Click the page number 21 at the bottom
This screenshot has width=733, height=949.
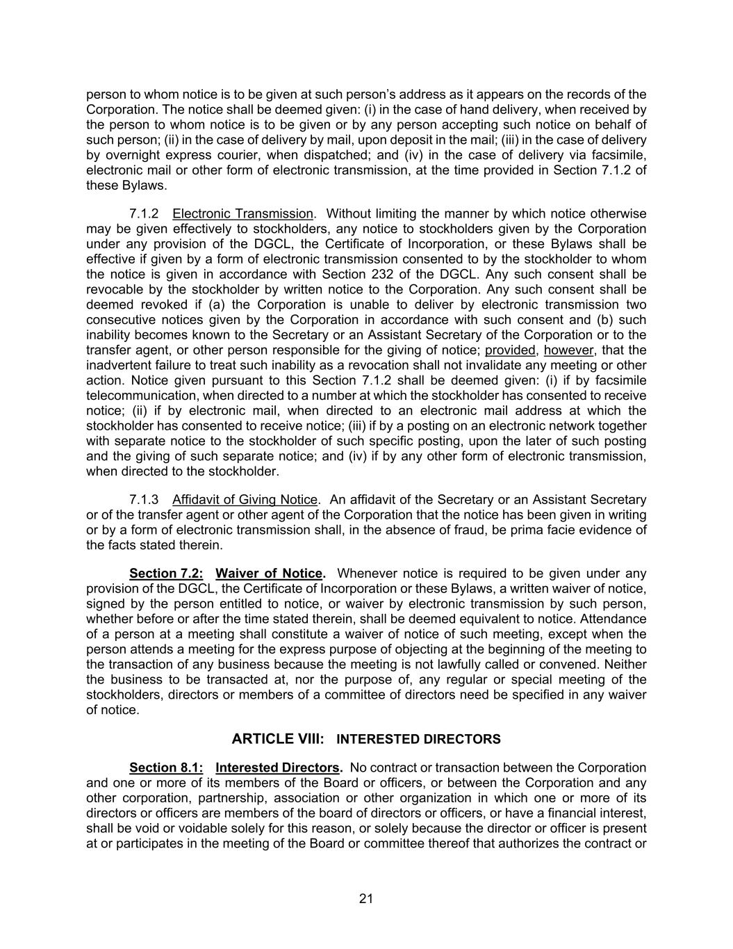(x=366, y=898)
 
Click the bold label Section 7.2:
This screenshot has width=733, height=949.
(x=166, y=574)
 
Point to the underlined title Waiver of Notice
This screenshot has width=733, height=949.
(x=269, y=574)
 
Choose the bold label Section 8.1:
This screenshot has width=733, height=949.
(x=166, y=768)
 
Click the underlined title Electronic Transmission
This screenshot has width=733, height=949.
(x=243, y=213)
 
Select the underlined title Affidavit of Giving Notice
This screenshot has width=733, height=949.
(x=245, y=500)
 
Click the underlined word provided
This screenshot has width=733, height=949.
(x=511, y=350)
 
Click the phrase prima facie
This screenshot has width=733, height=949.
(x=536, y=530)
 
